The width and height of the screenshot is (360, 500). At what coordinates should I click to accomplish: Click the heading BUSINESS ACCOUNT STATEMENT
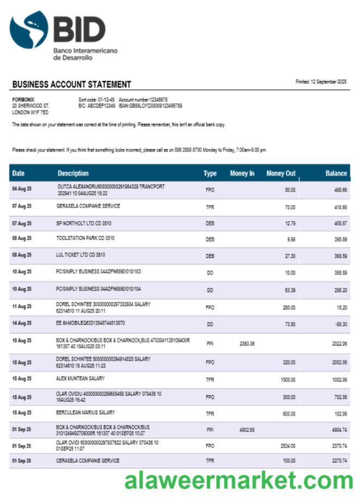pyautogui.click(x=71, y=84)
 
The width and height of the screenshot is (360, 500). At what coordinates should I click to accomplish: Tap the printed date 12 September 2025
pyautogui.click(x=321, y=82)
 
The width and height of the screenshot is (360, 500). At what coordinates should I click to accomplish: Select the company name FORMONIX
pyautogui.click(x=23, y=100)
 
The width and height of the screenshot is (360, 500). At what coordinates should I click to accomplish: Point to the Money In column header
pyautogui.click(x=242, y=174)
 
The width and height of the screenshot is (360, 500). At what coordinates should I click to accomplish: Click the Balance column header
pyautogui.click(x=336, y=174)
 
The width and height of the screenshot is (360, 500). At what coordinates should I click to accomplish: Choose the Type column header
pyautogui.click(x=210, y=174)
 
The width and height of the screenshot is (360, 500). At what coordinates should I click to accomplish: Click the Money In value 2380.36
pyautogui.click(x=247, y=343)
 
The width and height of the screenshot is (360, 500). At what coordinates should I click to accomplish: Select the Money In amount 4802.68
pyautogui.click(x=247, y=430)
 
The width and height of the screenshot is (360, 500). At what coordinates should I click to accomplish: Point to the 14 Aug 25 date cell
pyautogui.click(x=22, y=323)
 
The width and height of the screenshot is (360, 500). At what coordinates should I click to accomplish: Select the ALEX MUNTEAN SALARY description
pyautogui.click(x=80, y=378)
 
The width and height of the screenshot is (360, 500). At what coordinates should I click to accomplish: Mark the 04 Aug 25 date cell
pyautogui.click(x=22, y=189)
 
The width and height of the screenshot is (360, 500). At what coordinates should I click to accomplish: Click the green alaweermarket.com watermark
pyautogui.click(x=238, y=482)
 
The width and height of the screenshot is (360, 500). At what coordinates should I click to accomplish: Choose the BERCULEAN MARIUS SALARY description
pyautogui.click(x=85, y=412)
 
